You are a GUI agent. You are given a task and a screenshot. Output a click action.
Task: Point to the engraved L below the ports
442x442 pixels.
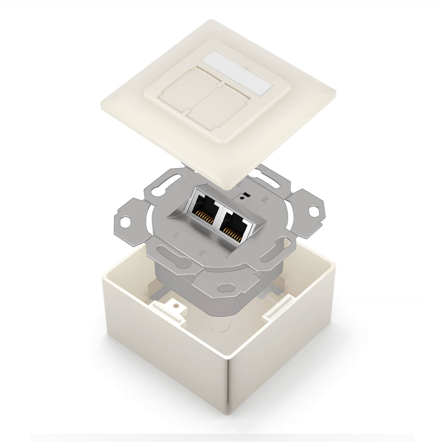pyautogui.click(x=175, y=236)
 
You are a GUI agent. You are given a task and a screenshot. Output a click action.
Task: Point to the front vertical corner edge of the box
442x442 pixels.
pyautogui.click(x=229, y=401)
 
